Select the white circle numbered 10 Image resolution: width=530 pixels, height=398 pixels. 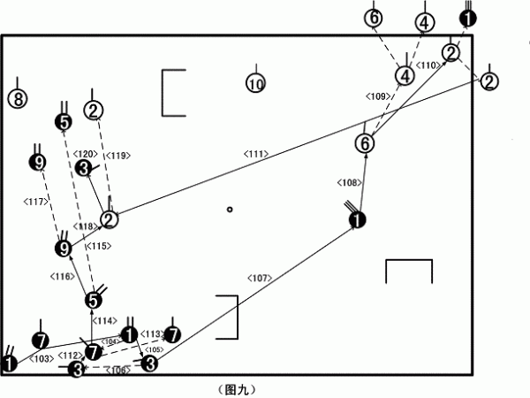(x=255, y=84)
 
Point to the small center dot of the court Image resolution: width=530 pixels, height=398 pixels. (x=229, y=210)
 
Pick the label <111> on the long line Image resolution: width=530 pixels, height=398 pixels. (x=256, y=154)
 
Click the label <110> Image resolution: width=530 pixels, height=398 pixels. (x=428, y=65)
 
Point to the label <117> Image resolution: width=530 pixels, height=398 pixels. (x=35, y=202)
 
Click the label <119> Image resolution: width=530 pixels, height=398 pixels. (x=117, y=156)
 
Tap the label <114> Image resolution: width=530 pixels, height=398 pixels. (x=105, y=320)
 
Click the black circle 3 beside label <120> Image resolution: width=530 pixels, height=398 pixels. (x=83, y=168)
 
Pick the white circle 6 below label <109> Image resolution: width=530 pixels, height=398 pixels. (x=366, y=142)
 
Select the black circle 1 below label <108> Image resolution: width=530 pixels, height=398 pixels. (x=356, y=219)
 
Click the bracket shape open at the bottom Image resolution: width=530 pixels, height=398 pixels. (x=409, y=271)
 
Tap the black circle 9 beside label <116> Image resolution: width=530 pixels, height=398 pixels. (x=63, y=249)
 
